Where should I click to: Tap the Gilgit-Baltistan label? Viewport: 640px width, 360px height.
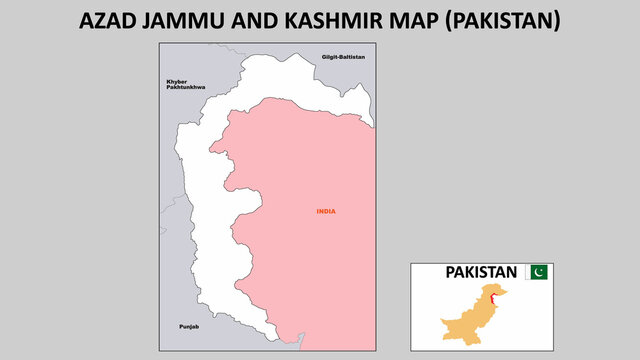tap(343, 57)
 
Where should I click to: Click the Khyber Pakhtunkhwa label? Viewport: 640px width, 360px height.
tap(185, 85)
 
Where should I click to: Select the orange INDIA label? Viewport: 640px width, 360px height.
tap(326, 211)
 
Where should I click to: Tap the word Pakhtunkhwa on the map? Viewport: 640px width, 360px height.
tap(185, 89)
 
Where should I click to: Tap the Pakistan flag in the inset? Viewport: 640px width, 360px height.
tap(538, 272)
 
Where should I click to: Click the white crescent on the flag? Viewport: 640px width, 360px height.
tap(541, 272)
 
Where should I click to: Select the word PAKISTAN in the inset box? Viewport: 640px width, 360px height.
tap(481, 272)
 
